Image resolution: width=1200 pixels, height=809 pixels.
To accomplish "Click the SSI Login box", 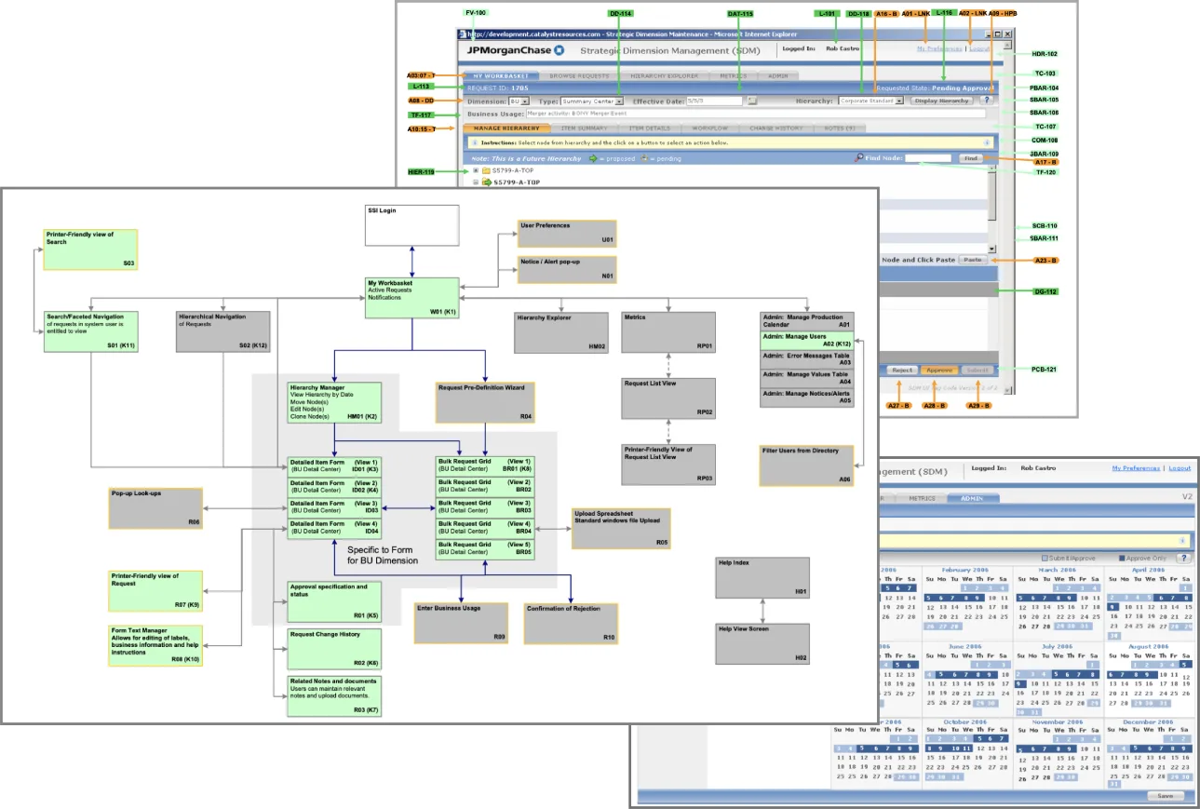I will coord(411,225).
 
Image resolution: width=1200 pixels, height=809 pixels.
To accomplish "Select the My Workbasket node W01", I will coord(411,297).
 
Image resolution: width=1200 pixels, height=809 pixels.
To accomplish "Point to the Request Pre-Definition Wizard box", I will coord(484,401).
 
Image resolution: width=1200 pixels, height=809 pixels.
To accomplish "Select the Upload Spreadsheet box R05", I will coord(620,528).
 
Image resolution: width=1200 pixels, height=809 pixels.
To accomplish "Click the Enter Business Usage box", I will coord(461,623).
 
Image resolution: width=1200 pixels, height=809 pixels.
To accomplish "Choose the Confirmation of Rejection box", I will coord(571,623).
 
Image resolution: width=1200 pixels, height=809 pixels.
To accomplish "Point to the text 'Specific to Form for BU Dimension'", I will coord(383,556).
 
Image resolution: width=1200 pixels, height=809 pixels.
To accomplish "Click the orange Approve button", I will coord(939,370).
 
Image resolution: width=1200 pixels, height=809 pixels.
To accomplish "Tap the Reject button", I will coord(901,370).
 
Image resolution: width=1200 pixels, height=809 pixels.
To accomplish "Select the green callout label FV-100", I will coord(475,13).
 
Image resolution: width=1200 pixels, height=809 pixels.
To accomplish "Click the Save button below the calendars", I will coord(1165,796).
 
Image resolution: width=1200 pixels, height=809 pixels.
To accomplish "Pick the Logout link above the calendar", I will coord(1180,468).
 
